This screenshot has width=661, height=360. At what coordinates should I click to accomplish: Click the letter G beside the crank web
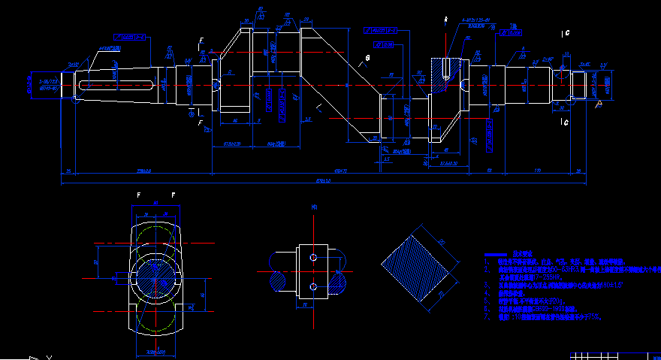(368, 58)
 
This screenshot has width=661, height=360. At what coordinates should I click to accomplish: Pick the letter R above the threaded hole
(445, 18)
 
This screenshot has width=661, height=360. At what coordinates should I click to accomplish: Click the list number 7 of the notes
(486, 317)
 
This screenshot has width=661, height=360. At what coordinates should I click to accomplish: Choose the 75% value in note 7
(593, 317)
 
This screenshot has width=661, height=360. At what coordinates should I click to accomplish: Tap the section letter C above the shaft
(566, 33)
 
